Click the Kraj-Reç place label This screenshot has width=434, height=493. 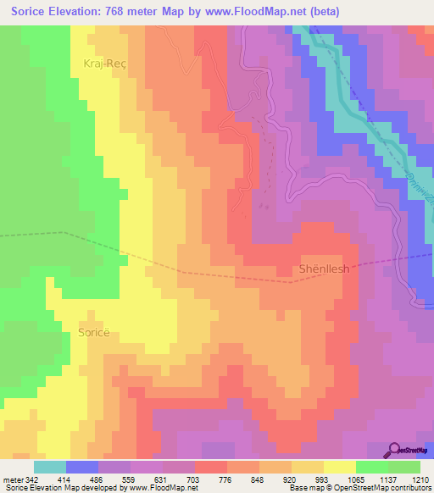104,64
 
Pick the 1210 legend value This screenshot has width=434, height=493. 421,479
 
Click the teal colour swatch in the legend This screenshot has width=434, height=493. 49,467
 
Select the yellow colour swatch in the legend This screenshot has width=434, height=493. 340,467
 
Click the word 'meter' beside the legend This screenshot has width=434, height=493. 12,479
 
